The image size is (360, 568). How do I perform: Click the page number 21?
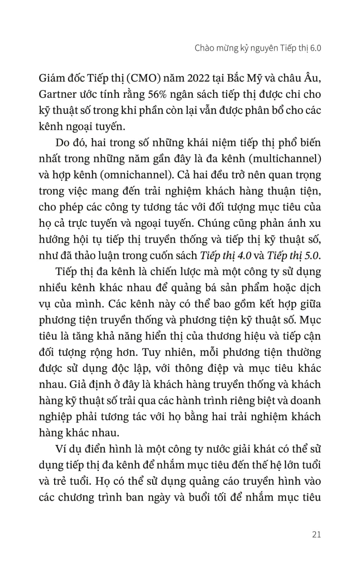(316, 534)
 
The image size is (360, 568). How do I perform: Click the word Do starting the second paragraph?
(62, 143)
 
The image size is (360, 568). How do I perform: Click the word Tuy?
(150, 352)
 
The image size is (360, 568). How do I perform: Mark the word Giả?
(77, 384)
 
